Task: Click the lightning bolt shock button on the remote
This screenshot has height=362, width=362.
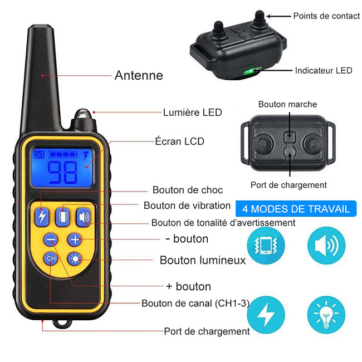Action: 42,217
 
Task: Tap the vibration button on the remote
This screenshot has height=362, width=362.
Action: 62,217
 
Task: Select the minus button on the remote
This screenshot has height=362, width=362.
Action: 51,239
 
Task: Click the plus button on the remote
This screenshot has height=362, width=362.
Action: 75,239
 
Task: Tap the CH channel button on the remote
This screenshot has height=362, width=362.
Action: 51,258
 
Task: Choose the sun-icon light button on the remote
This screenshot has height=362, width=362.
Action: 75,258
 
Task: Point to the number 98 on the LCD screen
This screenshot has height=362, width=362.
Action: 62,172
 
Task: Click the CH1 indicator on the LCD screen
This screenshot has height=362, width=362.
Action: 38,155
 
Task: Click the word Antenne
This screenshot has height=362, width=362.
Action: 139,75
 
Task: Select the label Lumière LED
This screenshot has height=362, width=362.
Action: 192,112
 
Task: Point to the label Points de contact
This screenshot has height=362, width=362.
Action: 326,16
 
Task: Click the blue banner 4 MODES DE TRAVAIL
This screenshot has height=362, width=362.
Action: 296,209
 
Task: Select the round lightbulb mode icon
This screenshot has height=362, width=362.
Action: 326,315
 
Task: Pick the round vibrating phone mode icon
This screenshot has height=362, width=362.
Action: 266,246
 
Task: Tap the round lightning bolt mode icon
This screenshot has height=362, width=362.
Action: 266,315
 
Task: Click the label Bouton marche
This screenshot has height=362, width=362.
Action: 287,104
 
